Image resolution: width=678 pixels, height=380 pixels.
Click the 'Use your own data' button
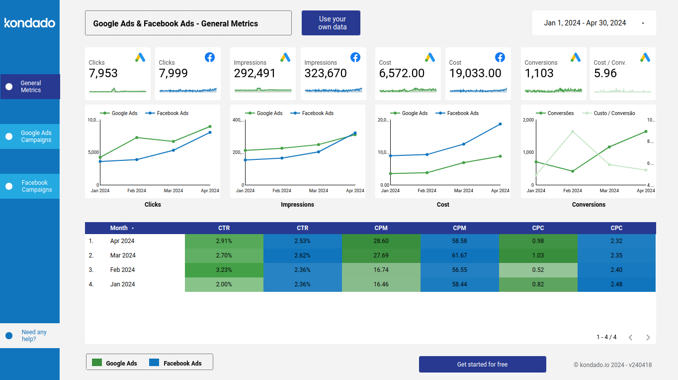tap(331, 23)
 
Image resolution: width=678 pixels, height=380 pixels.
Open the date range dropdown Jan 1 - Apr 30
tap(593, 23)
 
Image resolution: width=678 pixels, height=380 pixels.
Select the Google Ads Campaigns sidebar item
tap(30, 136)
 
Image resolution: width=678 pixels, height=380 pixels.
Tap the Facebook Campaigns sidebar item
tap(30, 186)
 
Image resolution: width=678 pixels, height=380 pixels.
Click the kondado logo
tap(30, 23)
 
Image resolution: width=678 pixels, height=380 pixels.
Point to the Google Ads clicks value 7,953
tap(103, 74)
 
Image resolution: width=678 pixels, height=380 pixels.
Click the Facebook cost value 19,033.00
tap(475, 74)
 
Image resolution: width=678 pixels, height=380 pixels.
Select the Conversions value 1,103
tap(539, 74)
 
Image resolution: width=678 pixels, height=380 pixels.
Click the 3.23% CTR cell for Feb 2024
tap(224, 270)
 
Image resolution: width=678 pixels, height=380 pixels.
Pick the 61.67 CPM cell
tap(459, 255)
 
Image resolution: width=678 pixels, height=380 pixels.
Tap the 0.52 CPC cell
tap(538, 270)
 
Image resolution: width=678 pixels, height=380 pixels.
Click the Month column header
tap(119, 228)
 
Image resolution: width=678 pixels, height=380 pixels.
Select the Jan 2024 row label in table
tap(122, 284)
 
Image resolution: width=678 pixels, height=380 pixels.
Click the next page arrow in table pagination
tap(648, 337)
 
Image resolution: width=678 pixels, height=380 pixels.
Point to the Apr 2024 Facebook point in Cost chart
tap(500, 124)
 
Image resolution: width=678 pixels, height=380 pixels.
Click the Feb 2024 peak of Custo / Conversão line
tap(573, 131)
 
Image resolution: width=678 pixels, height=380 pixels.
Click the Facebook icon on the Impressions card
tap(355, 57)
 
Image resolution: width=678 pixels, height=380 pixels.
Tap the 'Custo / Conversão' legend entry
tap(611, 114)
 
